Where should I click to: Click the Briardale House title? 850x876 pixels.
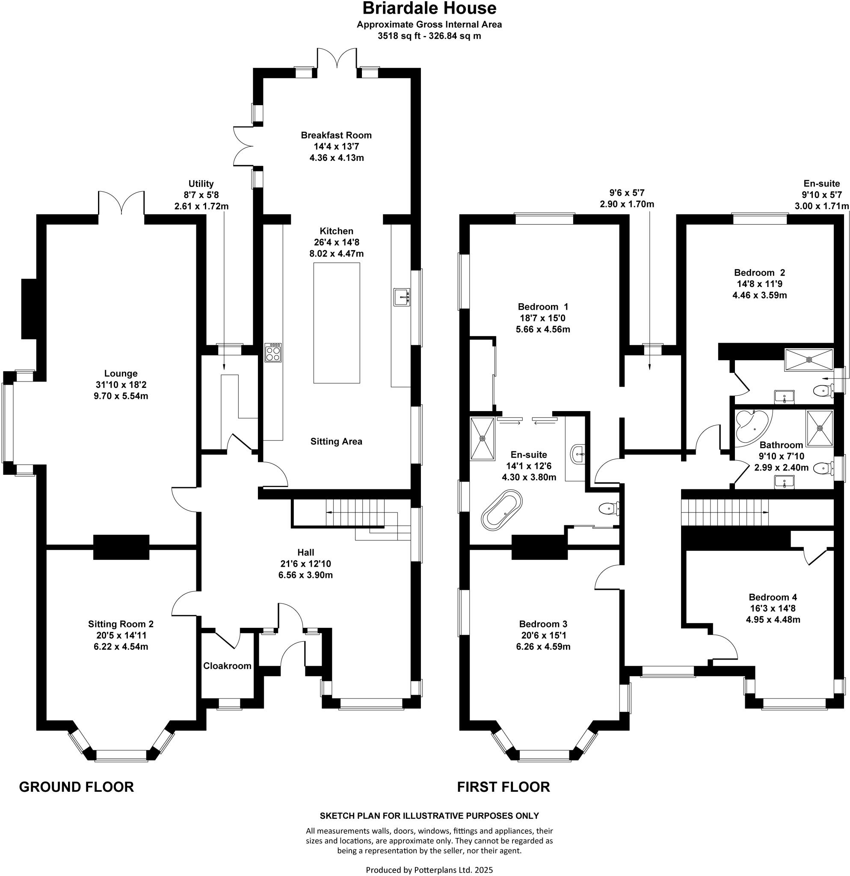(x=429, y=9)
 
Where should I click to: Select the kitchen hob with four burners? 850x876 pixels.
(x=273, y=352)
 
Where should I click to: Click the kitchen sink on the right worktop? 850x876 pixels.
(x=401, y=297)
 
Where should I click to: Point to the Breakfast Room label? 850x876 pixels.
(x=336, y=135)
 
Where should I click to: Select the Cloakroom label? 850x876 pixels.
(x=227, y=666)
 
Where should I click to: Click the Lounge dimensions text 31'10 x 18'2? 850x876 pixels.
(x=121, y=385)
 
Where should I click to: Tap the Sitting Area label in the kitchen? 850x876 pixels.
(x=336, y=441)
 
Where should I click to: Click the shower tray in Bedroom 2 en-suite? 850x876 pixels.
(x=809, y=360)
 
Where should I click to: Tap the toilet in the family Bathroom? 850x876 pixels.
(x=822, y=468)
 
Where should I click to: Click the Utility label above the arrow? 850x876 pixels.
(x=201, y=183)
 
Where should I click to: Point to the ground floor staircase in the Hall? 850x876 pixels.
(x=358, y=513)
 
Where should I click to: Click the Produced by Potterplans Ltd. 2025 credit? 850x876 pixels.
(x=429, y=870)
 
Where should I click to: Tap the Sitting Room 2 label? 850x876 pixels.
(x=121, y=624)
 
